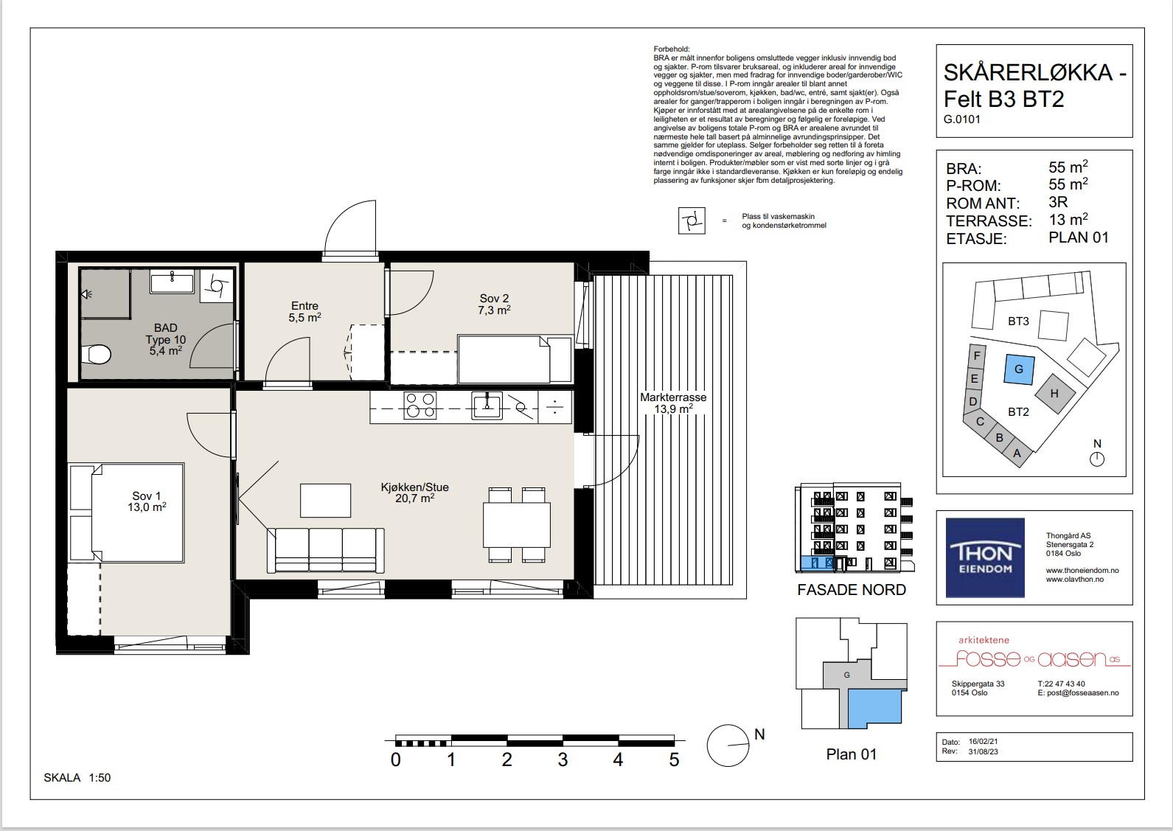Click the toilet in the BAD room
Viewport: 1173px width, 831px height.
pos(97,354)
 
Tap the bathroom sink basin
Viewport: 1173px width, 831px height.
pos(173,282)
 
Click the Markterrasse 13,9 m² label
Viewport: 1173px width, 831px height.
pos(673,403)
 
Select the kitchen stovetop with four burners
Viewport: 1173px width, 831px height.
pos(420,406)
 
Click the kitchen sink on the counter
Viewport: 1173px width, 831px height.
pos(487,406)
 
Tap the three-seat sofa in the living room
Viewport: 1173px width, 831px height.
pos(326,550)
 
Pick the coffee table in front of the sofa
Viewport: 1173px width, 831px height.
pos(325,501)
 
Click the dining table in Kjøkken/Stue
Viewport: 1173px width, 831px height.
pos(517,525)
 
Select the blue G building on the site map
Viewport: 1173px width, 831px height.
pos(1019,369)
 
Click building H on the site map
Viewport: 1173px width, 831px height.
pos(1054,393)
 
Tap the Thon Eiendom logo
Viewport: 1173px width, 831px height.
pos(985,557)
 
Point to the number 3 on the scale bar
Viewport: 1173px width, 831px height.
pos(563,759)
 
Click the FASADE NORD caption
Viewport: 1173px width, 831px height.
pos(852,590)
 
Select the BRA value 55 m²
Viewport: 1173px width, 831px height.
pos(1068,167)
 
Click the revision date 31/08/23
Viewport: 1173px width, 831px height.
pos(984,751)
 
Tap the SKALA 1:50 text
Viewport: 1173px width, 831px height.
pos(77,778)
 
